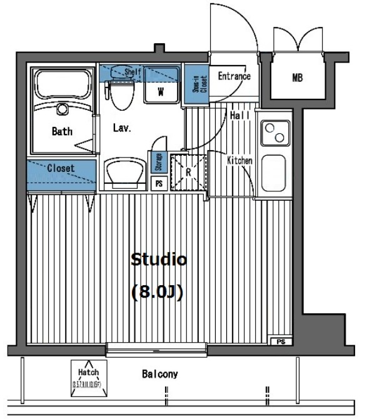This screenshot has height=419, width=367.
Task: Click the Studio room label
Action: (158, 260)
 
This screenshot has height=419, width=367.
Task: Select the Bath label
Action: (62, 131)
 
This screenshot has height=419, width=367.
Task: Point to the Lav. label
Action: (121, 128)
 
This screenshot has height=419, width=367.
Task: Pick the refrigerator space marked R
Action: (189, 170)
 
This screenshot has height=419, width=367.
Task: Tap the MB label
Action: (297, 78)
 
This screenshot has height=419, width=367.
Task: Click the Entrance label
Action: (234, 76)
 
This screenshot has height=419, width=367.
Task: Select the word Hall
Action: (240, 116)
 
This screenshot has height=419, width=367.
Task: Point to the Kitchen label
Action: (239, 161)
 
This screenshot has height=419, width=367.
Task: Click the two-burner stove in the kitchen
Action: (274, 133)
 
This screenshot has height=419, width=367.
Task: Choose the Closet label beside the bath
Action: (61, 168)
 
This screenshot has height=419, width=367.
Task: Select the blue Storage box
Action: (159, 162)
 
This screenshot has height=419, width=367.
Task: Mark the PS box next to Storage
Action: (159, 184)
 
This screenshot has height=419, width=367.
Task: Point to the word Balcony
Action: (159, 375)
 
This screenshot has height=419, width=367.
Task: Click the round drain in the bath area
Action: (62, 109)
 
